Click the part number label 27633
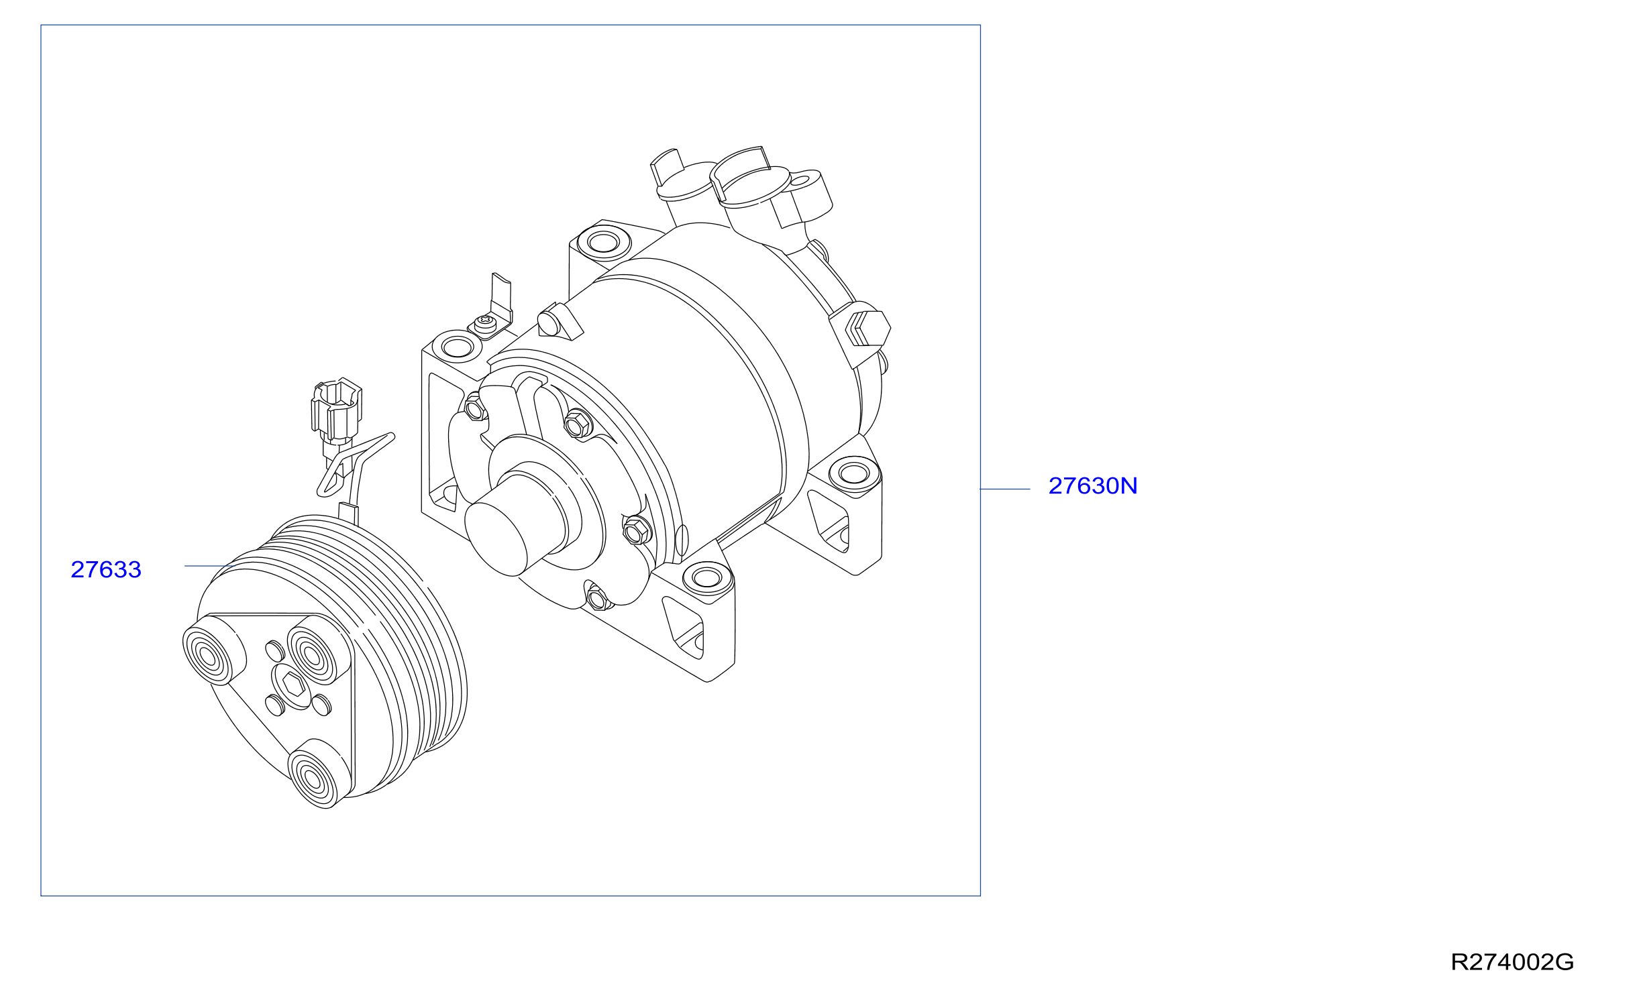106,569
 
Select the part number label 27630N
1093,485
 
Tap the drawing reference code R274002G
1512,962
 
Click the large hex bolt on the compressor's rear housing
868,329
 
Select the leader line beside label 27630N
1005,489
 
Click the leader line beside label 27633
209,566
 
